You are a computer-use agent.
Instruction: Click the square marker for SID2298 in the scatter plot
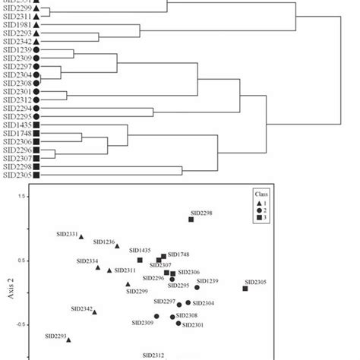[x=191, y=219]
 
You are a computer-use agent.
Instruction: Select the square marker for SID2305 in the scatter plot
[x=245, y=288]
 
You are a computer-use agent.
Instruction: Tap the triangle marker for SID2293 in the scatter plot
[x=68, y=340]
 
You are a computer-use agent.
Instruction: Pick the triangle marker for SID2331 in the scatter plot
[x=81, y=237]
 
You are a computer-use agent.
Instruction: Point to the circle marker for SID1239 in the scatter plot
[x=197, y=287]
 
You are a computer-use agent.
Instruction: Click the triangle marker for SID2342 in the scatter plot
[x=94, y=312]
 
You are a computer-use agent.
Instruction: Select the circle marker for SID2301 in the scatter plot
[x=178, y=323]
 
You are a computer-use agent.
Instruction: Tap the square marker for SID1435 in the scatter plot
[x=140, y=260]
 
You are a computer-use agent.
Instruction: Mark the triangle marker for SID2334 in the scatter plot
[x=98, y=267]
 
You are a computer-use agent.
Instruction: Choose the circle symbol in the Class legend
[x=259, y=210]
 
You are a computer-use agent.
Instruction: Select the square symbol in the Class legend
[x=259, y=217]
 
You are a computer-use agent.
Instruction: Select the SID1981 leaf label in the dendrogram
[x=17, y=25]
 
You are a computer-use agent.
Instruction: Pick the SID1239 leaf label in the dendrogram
[x=17, y=49]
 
